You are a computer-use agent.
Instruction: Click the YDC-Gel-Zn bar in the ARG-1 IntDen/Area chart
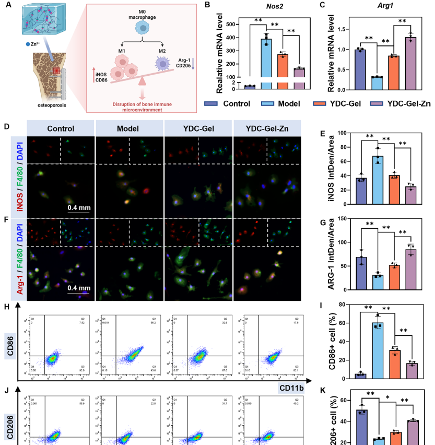coord(411,270)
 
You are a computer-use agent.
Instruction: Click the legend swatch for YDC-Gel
coord(319,103)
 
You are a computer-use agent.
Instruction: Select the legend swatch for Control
coord(212,103)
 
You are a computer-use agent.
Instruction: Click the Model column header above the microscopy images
coord(130,128)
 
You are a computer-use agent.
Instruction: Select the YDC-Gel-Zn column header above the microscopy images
coord(265,128)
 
